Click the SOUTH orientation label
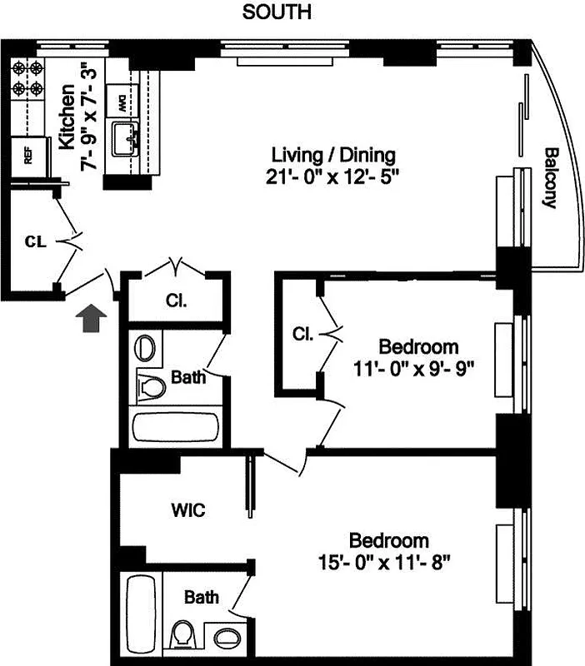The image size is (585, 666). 277,12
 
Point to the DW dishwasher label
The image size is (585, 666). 122,105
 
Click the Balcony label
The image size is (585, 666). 551,177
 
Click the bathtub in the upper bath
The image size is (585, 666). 176,427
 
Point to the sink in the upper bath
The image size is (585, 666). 146,347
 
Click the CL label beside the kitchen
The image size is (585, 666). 33,242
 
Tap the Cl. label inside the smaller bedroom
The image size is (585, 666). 302,335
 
